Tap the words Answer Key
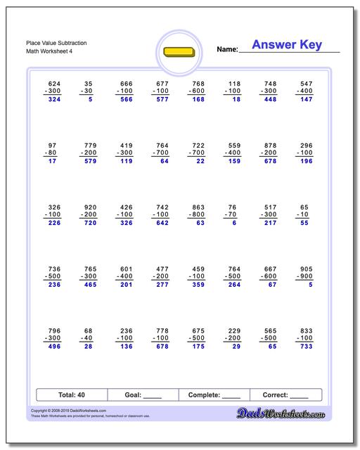click(287, 45)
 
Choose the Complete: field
click(215, 395)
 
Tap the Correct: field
click(285, 395)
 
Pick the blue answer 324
click(54, 100)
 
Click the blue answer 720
click(89, 223)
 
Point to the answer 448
click(269, 100)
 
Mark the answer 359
click(198, 285)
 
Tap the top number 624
click(54, 83)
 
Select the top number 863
click(198, 207)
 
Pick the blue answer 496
click(54, 346)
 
